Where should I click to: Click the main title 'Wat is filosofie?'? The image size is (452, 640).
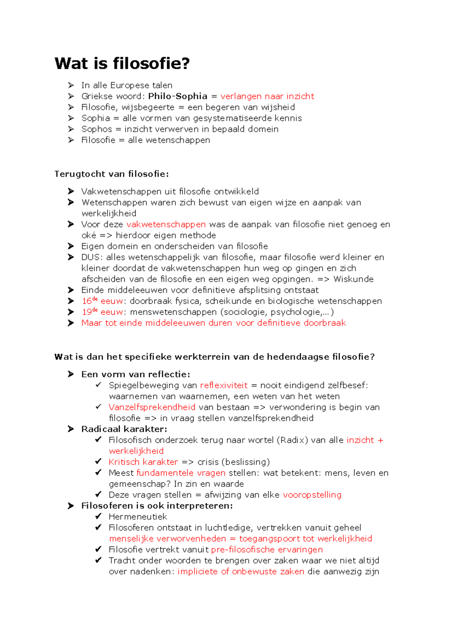coord(122,63)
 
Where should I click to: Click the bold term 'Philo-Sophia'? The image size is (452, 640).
coord(177,96)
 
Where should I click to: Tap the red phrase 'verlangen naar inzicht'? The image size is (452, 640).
coord(267,96)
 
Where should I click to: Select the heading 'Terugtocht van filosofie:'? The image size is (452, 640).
coord(111,174)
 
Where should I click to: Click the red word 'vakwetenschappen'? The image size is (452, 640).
coord(166,224)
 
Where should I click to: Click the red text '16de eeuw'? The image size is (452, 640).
coord(102,301)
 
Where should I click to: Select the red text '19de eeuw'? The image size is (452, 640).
coord(102,312)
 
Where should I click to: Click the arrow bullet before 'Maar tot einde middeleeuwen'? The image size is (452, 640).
coord(71,323)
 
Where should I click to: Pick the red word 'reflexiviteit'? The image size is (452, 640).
coord(224,385)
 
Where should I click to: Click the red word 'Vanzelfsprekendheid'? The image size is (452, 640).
coord(152,407)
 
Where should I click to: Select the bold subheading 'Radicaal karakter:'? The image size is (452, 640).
coord(124,429)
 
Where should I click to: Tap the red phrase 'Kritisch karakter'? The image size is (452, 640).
coord(143,462)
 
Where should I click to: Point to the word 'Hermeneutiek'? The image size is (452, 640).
coord(137,516)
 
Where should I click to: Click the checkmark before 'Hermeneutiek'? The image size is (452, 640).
coord(98,516)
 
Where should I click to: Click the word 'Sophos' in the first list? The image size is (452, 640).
coord(97,129)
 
